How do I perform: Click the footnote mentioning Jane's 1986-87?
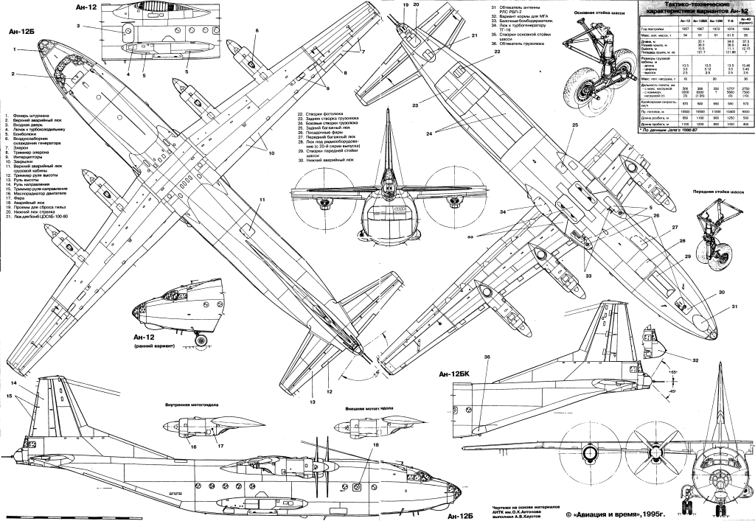tap(670, 128)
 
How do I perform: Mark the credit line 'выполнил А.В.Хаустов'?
tap(527, 517)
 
